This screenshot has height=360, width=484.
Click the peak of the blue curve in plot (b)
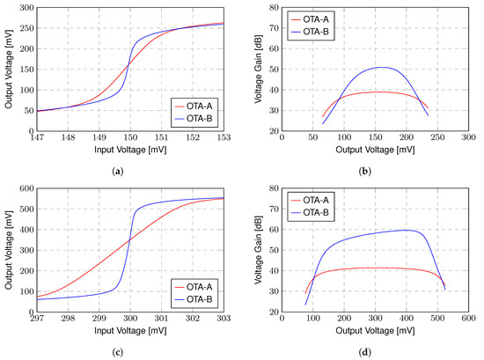click(x=381, y=67)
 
